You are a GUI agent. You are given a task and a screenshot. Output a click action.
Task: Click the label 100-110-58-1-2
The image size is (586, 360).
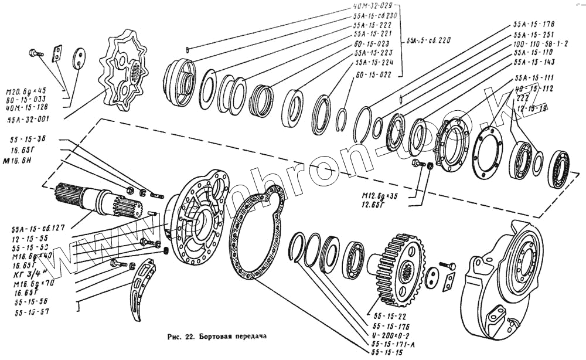point(541,43)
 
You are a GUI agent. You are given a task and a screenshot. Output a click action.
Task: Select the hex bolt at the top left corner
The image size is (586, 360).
point(35,54)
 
